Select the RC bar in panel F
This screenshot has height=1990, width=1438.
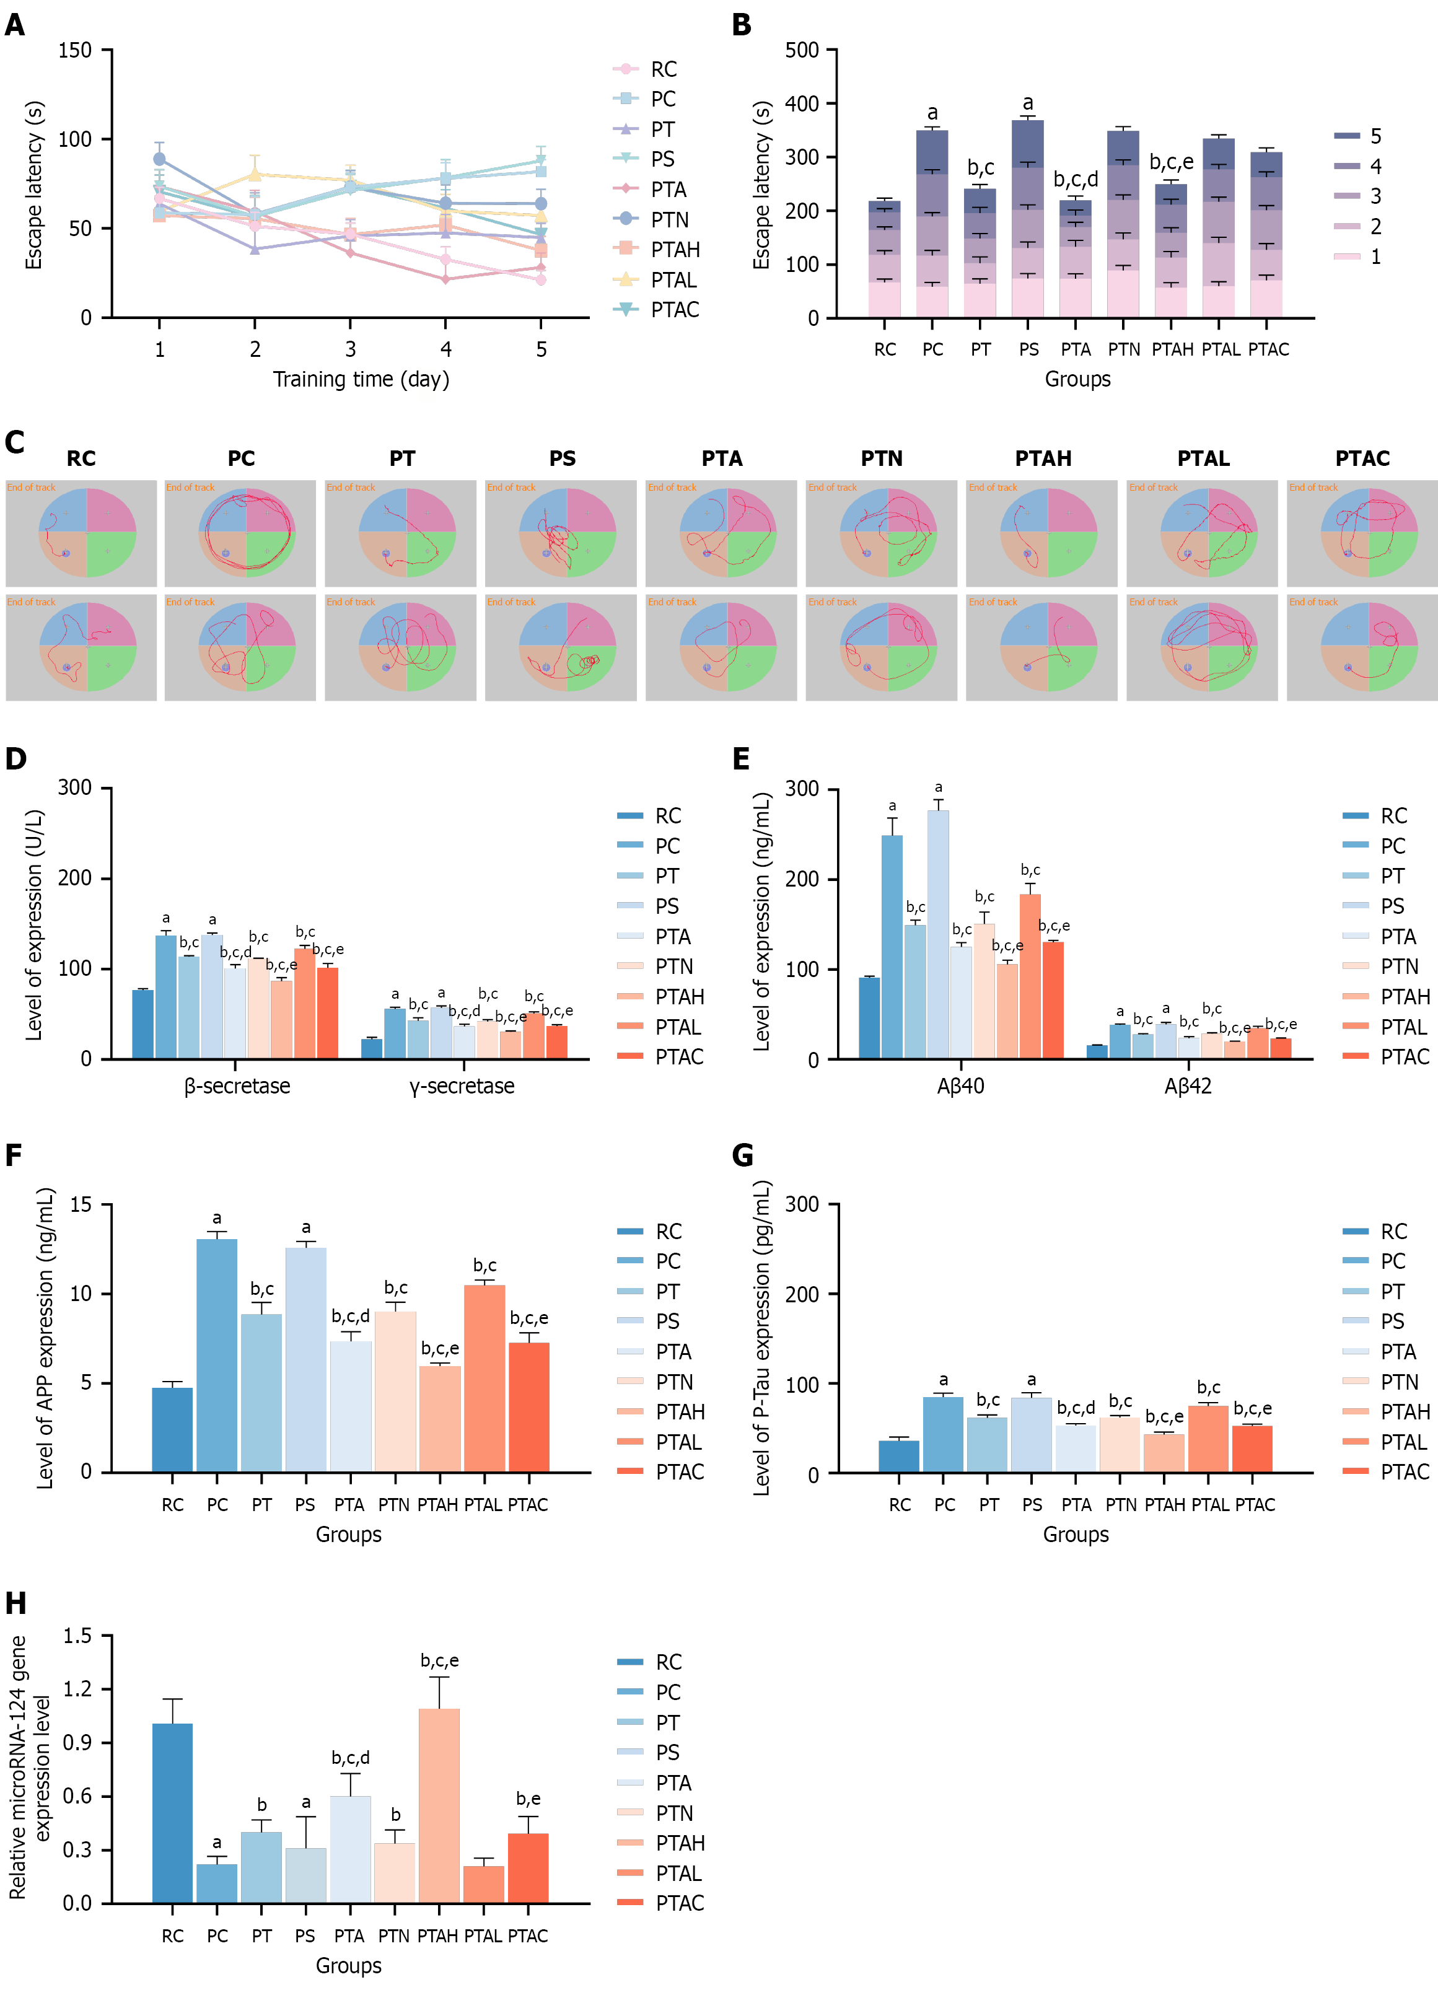[172, 1429]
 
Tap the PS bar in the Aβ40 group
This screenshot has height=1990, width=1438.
[938, 934]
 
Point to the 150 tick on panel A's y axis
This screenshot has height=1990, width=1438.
[76, 50]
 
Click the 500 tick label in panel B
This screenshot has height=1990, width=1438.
[802, 50]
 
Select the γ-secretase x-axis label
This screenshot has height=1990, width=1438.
[462, 1086]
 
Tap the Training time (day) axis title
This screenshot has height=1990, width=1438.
[361, 379]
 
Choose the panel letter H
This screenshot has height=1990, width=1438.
[15, 1604]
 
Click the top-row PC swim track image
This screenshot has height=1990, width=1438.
[240, 533]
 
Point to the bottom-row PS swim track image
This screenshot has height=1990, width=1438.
[561, 647]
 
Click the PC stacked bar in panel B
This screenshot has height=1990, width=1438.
[932, 224]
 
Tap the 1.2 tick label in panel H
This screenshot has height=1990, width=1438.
[77, 1689]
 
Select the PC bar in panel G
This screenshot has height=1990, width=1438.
[943, 1435]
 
